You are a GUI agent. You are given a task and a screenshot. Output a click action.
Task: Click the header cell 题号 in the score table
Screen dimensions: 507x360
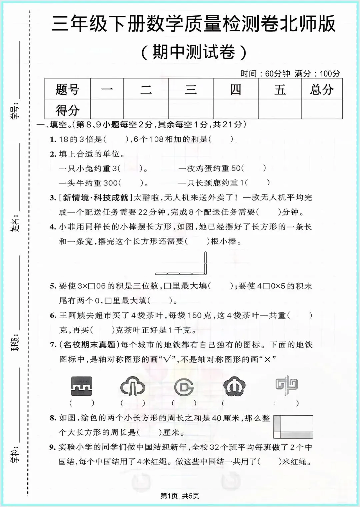67,89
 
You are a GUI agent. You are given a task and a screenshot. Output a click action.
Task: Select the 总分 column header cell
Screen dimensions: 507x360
322,89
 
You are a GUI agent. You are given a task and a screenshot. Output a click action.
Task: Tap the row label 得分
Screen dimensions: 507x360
67,109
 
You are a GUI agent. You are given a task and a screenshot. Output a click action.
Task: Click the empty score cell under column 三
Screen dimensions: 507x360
191,109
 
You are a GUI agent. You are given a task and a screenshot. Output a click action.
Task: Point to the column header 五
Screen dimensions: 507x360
280,89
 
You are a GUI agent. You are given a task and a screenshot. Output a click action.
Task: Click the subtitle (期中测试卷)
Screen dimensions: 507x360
194,52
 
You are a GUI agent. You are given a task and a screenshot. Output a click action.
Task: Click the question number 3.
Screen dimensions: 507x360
53,198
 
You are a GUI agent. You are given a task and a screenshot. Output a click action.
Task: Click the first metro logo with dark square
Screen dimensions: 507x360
82,386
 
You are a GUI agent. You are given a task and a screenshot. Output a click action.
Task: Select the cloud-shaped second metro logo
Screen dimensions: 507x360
132,386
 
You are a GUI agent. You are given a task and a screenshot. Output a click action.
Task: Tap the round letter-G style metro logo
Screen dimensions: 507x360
184,387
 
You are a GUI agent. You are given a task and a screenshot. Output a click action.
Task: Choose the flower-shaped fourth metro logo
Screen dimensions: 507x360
234,386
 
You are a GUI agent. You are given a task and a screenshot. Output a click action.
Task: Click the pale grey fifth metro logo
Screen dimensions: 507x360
286,386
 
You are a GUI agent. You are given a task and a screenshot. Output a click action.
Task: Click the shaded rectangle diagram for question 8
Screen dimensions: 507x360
293,427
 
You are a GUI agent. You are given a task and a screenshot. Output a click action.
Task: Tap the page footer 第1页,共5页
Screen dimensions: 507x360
180,496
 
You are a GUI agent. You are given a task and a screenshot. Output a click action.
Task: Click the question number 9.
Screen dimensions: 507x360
52,447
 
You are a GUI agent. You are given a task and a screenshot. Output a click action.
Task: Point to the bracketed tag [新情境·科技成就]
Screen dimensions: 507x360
96,198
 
